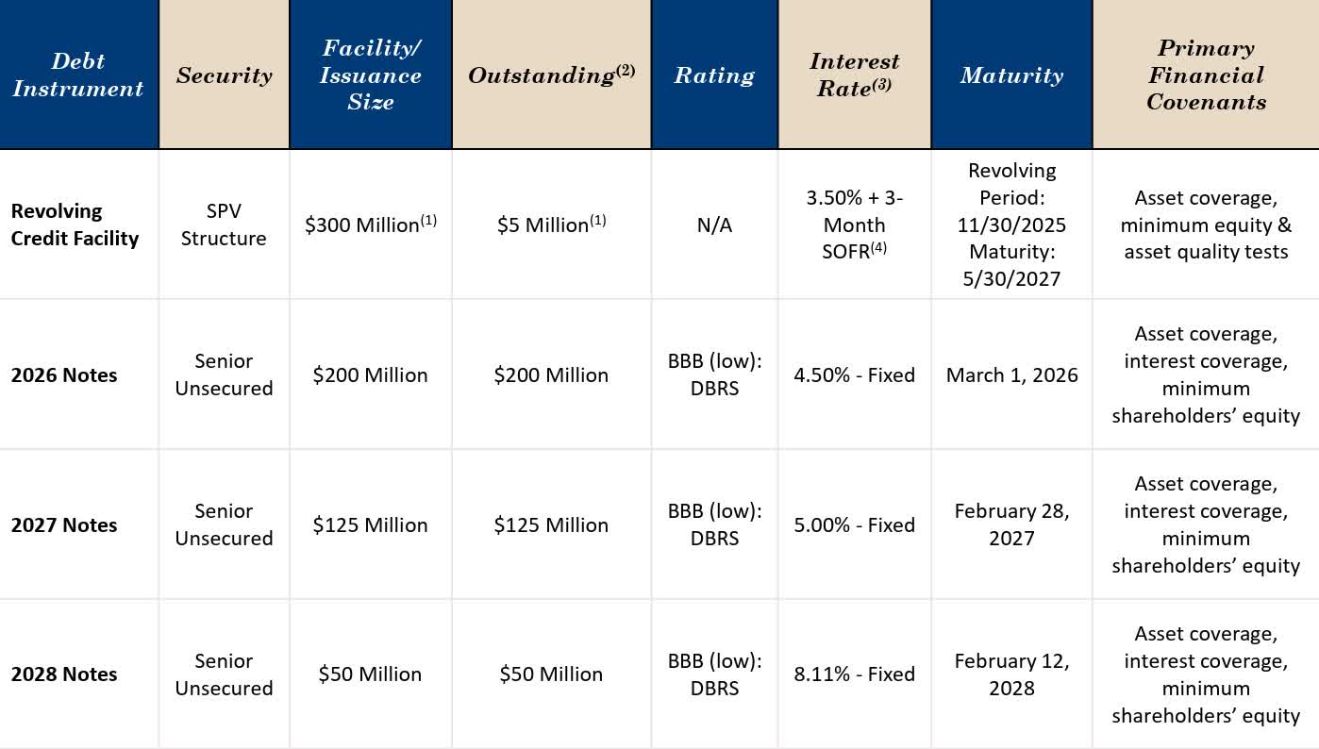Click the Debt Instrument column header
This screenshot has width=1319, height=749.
(78, 75)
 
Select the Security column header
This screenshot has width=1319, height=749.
(224, 75)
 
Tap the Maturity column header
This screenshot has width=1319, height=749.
(1010, 75)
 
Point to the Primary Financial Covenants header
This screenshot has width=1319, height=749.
(1206, 75)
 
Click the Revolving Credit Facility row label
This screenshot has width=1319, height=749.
(75, 225)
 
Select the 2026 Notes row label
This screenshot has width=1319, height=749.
(64, 374)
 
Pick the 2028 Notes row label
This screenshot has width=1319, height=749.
(64, 674)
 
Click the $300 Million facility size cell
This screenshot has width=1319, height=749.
(370, 225)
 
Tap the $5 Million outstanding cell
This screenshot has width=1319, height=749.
(550, 225)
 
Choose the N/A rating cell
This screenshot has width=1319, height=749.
(714, 225)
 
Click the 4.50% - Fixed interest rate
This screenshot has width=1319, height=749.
(854, 374)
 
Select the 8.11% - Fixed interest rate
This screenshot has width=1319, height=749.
(854, 674)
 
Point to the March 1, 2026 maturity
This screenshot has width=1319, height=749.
(1011, 374)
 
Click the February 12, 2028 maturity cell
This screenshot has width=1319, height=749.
(1011, 674)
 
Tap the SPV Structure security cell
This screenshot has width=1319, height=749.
(224, 225)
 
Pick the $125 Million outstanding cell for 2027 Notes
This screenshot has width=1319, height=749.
(551, 524)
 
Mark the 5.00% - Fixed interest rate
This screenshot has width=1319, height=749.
(854, 524)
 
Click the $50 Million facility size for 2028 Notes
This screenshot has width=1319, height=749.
(370, 674)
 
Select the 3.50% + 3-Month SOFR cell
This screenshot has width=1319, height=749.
(854, 225)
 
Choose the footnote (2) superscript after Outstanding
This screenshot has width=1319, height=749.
(626, 69)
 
